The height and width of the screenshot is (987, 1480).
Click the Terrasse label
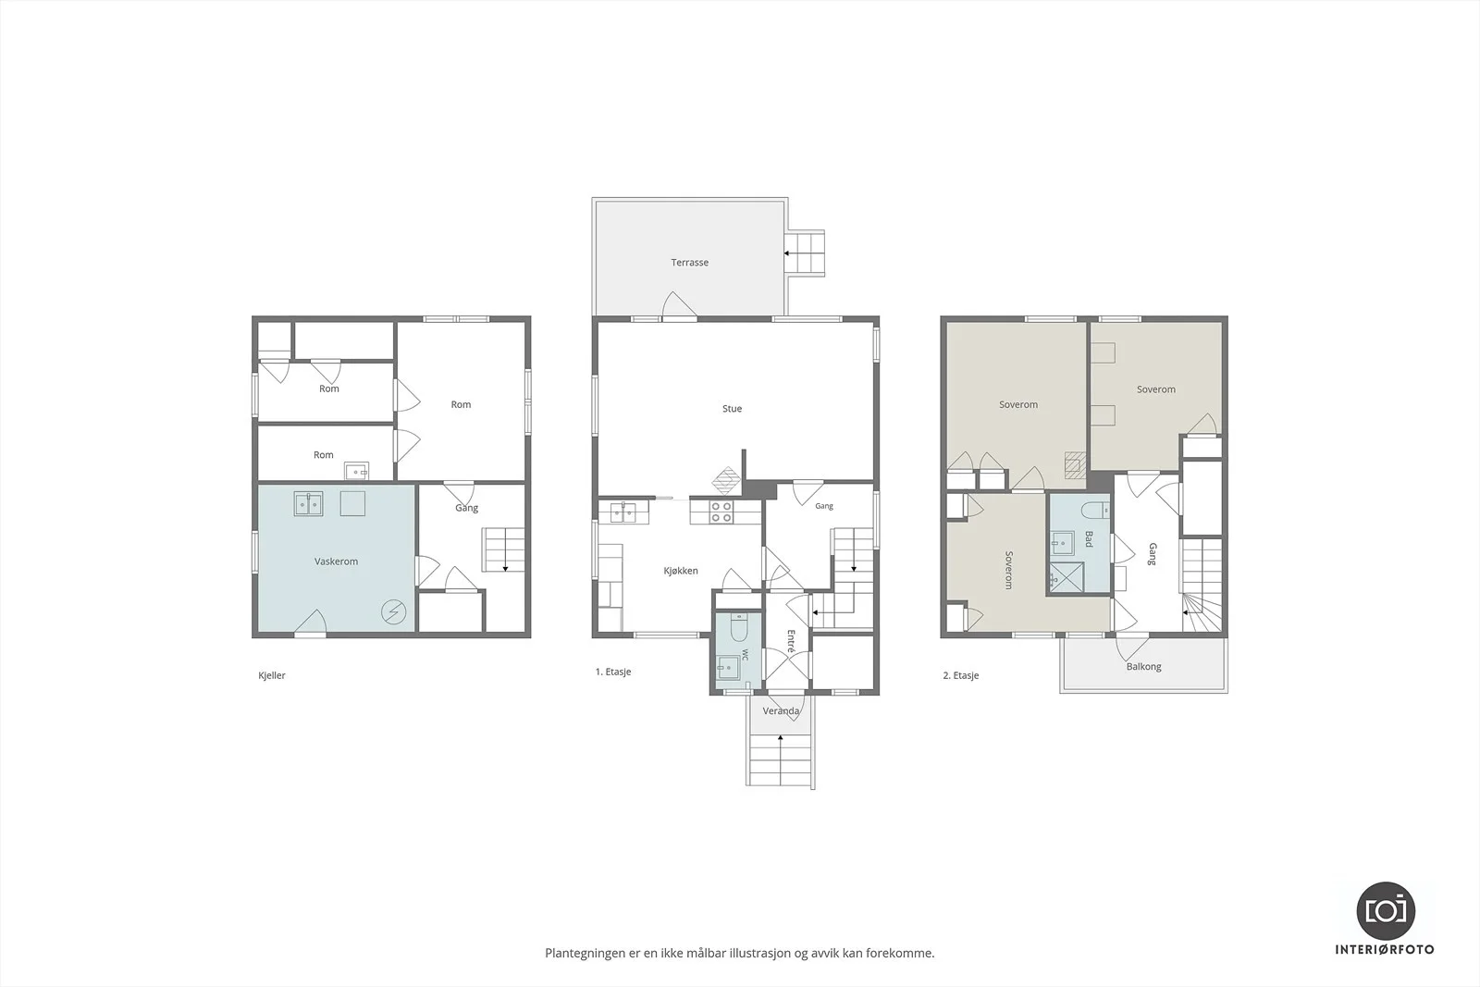(x=689, y=263)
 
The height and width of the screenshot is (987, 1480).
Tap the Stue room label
(x=732, y=409)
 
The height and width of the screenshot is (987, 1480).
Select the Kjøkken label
(x=681, y=571)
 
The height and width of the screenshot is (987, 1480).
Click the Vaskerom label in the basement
(x=336, y=561)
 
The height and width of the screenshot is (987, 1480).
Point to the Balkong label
(x=1143, y=667)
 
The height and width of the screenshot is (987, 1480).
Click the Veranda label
(x=781, y=710)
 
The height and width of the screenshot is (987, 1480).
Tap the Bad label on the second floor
(x=1088, y=539)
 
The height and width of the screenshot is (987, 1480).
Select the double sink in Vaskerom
(x=308, y=504)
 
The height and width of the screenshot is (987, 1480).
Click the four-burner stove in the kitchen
(x=721, y=512)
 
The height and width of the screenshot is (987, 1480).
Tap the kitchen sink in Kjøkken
(x=623, y=512)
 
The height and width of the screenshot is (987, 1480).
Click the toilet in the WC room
(x=739, y=627)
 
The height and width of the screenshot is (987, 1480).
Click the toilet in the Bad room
(x=1095, y=510)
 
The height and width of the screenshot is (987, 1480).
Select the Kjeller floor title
(x=272, y=676)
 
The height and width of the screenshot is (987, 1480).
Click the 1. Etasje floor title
(x=613, y=672)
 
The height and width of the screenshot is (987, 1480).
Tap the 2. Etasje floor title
(x=961, y=676)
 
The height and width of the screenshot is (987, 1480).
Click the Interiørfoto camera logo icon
(x=1385, y=911)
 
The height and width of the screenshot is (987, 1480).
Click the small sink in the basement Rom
(x=356, y=472)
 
